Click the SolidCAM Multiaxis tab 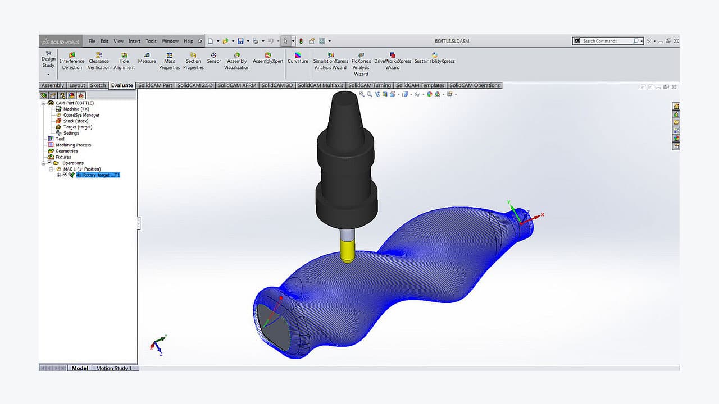pyautogui.click(x=321, y=85)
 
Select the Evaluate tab pyautogui.click(x=122, y=85)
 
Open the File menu pyautogui.click(x=92, y=41)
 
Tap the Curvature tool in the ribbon pyautogui.click(x=298, y=58)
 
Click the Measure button pyautogui.click(x=147, y=58)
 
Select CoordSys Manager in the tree pyautogui.click(x=81, y=115)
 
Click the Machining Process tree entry pyautogui.click(x=73, y=145)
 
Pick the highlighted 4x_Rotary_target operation pyautogui.click(x=98, y=175)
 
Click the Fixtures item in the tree pyautogui.click(x=63, y=157)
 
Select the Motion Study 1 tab pyautogui.click(x=114, y=368)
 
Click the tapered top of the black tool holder pyautogui.click(x=344, y=109)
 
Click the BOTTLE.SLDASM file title pyautogui.click(x=452, y=41)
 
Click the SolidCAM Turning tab pyautogui.click(x=370, y=85)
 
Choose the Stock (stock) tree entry pyautogui.click(x=75, y=121)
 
